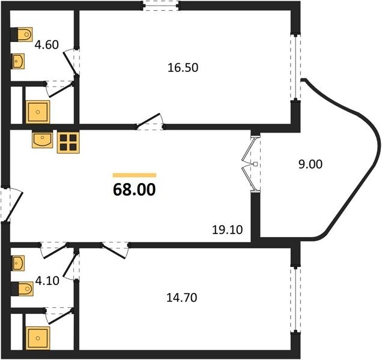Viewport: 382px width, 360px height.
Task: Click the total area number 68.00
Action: click(x=134, y=190)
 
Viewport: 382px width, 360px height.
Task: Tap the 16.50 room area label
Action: click(x=183, y=68)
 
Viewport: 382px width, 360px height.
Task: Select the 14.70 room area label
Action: click(x=182, y=298)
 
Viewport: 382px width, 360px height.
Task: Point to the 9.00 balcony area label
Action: click(x=311, y=164)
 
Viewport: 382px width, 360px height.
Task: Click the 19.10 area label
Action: click(x=227, y=230)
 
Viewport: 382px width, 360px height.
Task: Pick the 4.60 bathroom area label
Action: click(x=46, y=45)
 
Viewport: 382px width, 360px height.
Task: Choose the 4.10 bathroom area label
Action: click(x=47, y=281)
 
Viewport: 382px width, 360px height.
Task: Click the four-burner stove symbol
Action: click(x=68, y=142)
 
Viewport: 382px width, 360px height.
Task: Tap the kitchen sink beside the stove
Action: click(x=43, y=140)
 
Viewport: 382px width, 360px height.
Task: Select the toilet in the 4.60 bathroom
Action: click(x=22, y=34)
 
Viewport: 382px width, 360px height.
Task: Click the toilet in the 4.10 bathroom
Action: click(x=22, y=289)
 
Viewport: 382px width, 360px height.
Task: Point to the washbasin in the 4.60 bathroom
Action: click(x=18, y=61)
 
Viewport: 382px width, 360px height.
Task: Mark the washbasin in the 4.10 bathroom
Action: click(x=18, y=263)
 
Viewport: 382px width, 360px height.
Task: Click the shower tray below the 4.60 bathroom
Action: click(x=38, y=112)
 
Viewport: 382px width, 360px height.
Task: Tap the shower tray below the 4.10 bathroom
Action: click(x=38, y=338)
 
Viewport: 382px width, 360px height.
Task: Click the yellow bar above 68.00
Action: click(x=134, y=175)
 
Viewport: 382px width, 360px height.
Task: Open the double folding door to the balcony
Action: click(x=252, y=164)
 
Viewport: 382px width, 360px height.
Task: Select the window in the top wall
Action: click(x=161, y=6)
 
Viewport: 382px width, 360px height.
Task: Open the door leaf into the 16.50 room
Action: click(x=148, y=120)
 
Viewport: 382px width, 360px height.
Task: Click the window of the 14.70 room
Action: click(x=296, y=299)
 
